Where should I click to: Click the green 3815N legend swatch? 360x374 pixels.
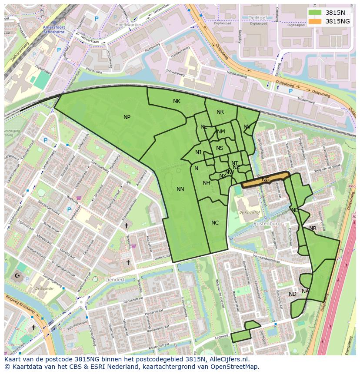315,13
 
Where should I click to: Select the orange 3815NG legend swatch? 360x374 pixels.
315,21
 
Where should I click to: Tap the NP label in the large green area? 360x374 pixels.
127,117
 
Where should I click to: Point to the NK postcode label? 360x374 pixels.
177,101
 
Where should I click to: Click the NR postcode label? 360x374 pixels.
220,112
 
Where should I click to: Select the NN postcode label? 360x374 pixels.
180,189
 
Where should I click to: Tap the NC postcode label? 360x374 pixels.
215,223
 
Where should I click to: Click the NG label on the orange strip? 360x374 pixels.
266,179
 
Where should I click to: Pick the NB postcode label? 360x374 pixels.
313,228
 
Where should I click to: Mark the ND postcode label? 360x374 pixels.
293,294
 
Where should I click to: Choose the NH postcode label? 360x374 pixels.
207,183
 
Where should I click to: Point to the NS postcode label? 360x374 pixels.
220,148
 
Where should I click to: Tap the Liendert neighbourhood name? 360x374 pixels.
115,280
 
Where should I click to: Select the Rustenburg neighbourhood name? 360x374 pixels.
267,224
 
